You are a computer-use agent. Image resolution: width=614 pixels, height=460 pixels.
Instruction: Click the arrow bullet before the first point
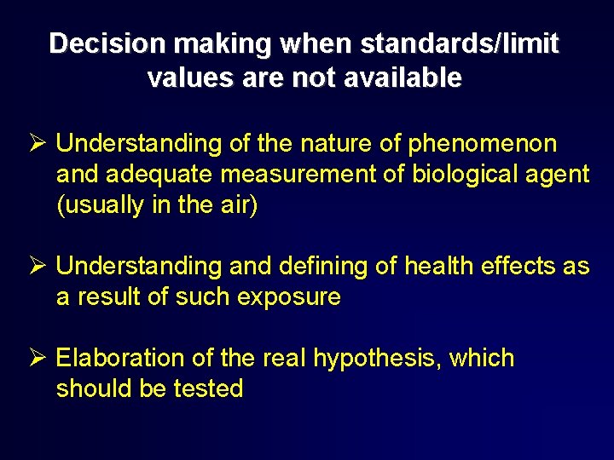pos(35,143)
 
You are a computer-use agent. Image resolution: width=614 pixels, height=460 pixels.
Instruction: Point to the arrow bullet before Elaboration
pos(35,358)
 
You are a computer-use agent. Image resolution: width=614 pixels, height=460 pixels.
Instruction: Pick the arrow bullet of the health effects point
pos(35,267)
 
